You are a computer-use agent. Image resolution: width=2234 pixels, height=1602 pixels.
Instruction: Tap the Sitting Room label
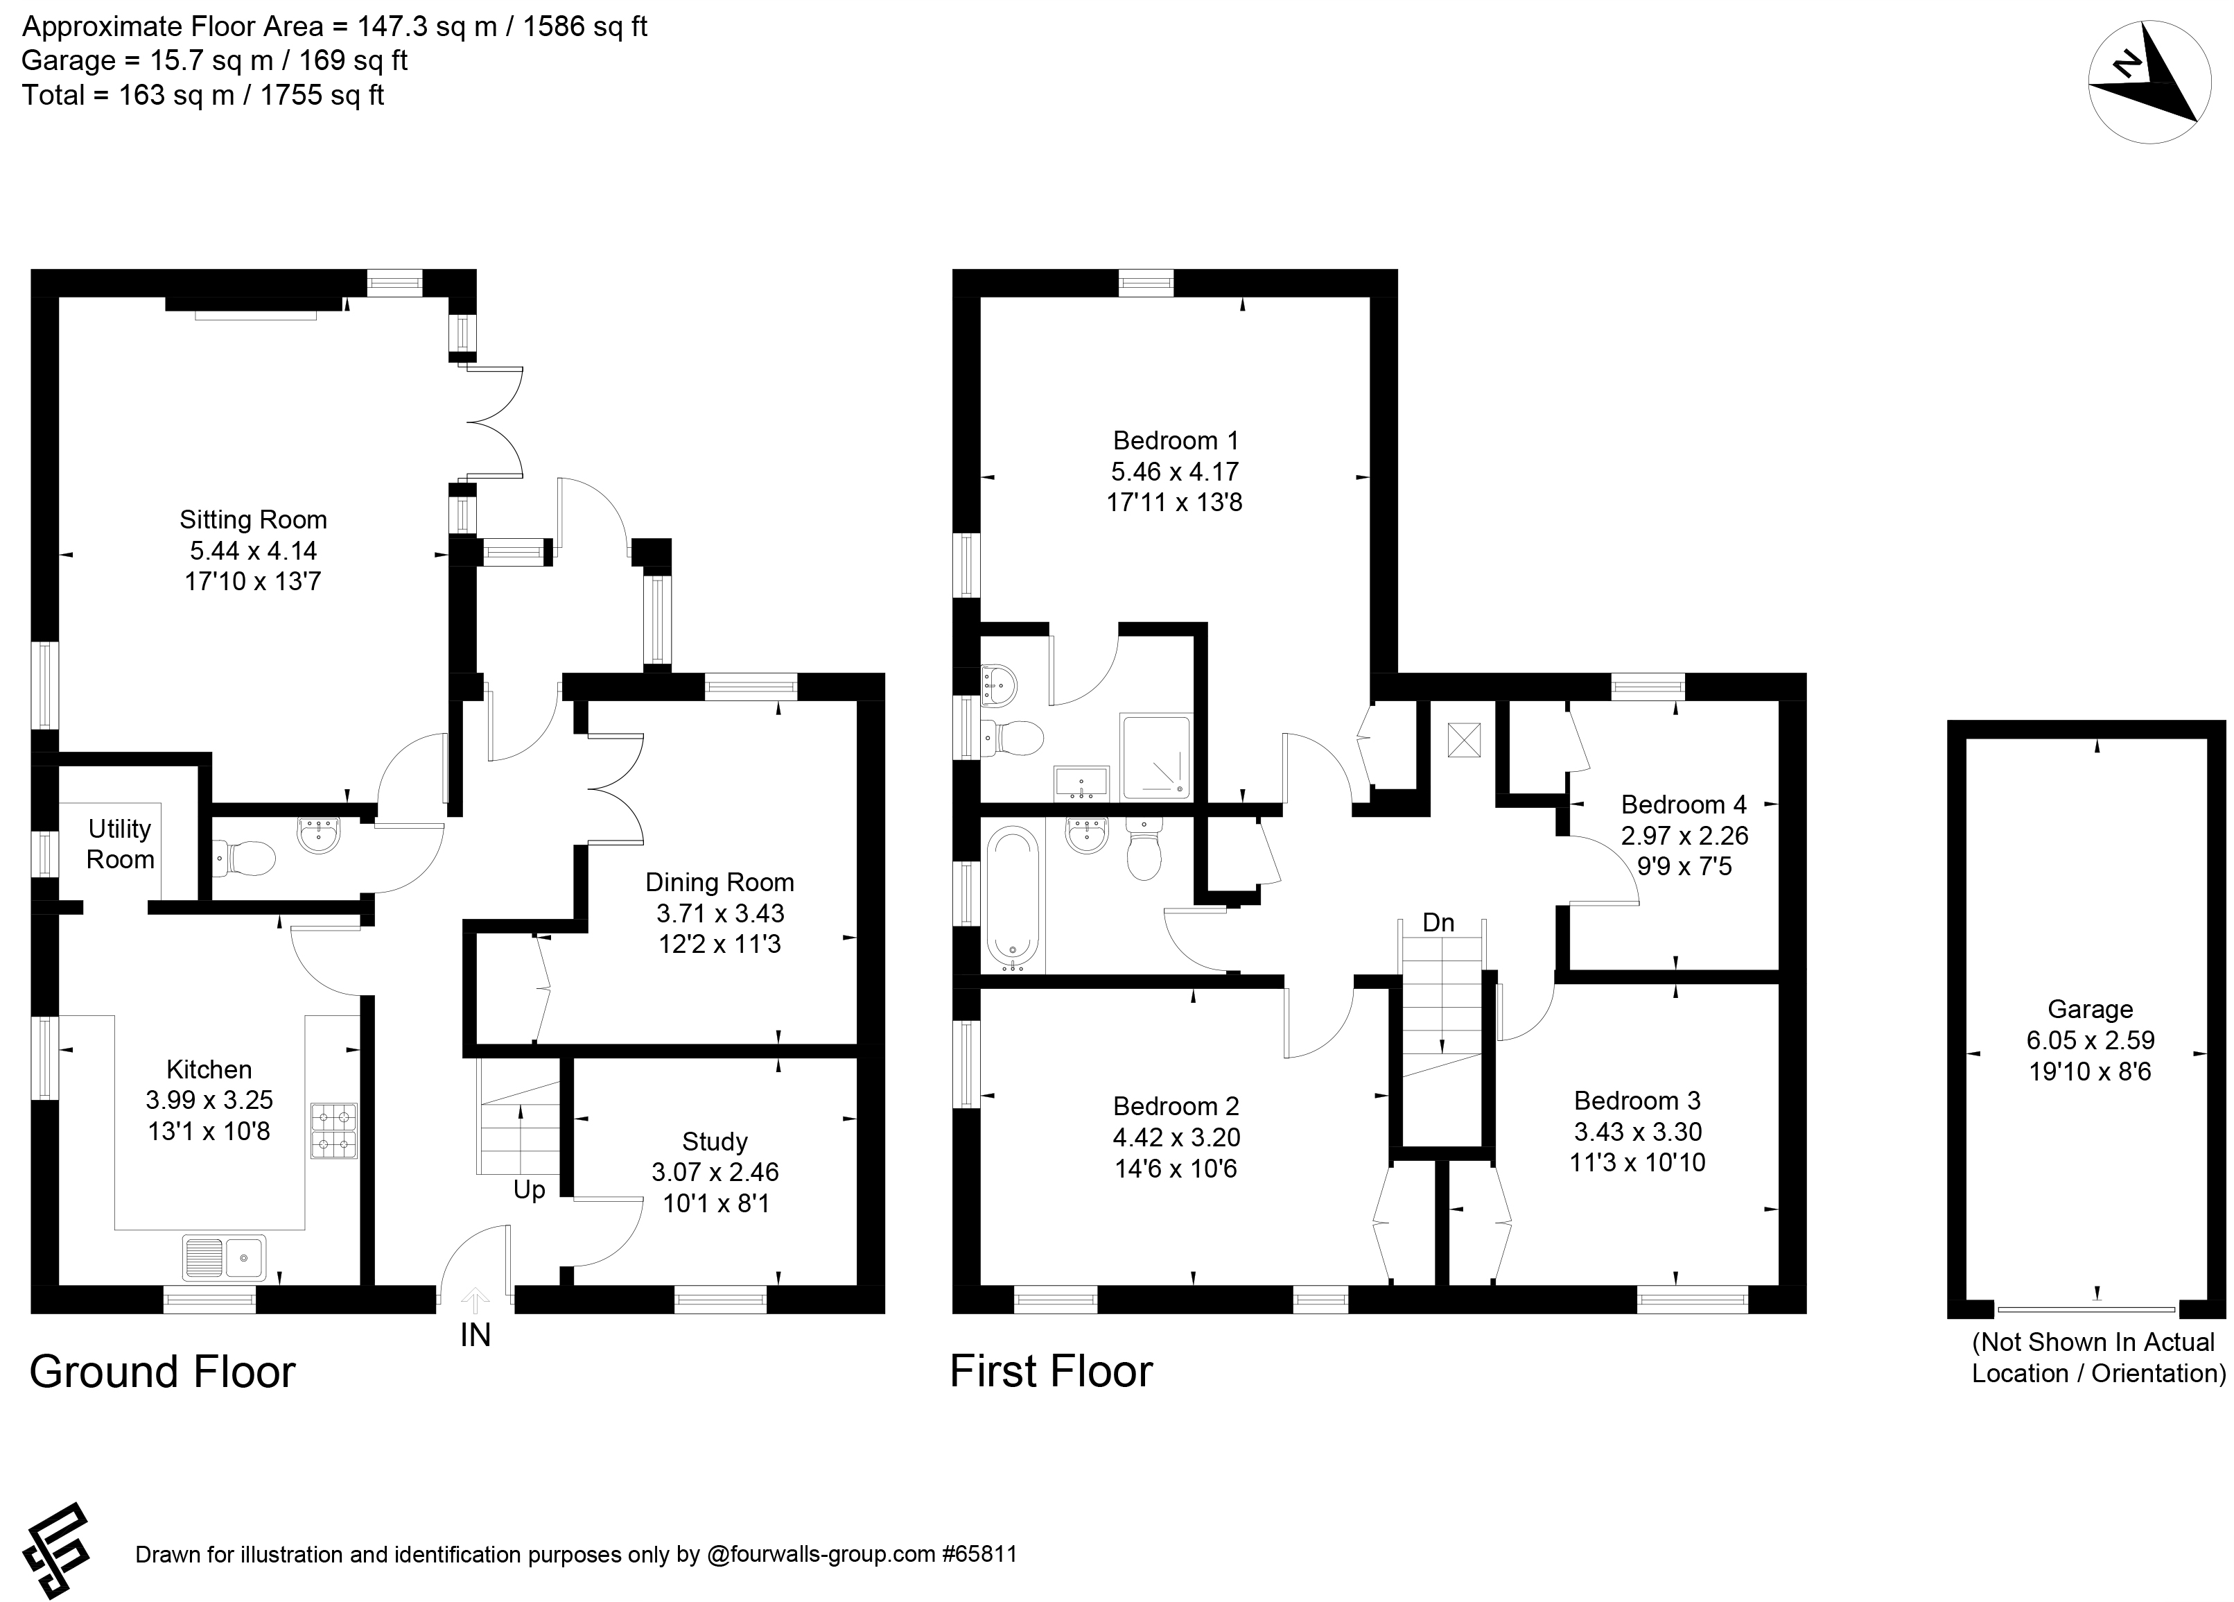click(x=253, y=519)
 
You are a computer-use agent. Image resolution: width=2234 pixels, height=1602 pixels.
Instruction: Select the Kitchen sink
click(x=224, y=1256)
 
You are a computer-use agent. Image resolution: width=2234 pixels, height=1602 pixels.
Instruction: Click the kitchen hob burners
click(x=334, y=1130)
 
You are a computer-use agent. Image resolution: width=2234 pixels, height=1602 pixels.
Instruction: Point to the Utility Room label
click(x=120, y=843)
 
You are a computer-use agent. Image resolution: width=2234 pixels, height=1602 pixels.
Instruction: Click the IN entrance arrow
click(x=475, y=1300)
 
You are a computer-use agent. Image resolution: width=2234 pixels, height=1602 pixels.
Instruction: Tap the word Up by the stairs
click(x=529, y=1190)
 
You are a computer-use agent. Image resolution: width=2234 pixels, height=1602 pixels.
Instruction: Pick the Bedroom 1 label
click(x=1175, y=440)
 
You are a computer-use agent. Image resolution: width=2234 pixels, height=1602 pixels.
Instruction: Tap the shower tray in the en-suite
click(x=1155, y=757)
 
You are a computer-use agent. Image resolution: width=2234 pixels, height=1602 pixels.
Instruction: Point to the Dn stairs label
click(x=1438, y=922)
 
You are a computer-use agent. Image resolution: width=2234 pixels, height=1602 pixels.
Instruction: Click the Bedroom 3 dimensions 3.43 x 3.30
click(x=1637, y=1131)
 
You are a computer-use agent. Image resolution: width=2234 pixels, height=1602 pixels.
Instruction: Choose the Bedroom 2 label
click(x=1176, y=1106)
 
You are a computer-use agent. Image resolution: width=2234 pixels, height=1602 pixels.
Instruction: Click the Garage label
click(x=2091, y=1009)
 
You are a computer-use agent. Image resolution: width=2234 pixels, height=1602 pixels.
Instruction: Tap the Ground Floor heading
click(x=162, y=1372)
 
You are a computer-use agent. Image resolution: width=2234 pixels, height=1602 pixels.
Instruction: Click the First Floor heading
click(x=1051, y=1372)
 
